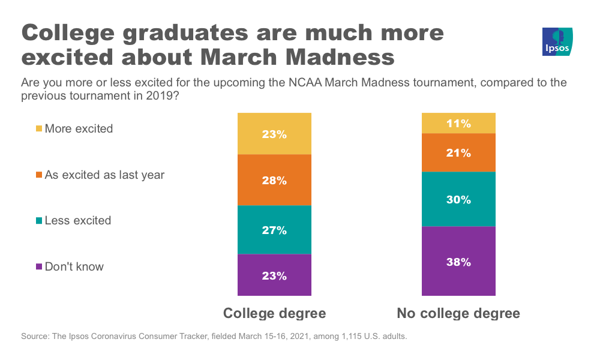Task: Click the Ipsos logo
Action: click(x=557, y=42)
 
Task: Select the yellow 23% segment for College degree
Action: click(x=274, y=134)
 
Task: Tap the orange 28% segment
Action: click(x=274, y=180)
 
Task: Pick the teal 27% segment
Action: click(x=274, y=230)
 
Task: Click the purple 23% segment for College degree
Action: click(x=274, y=275)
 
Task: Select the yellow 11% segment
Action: click(x=458, y=124)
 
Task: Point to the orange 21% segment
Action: click(x=458, y=152)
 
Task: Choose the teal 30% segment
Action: click(x=458, y=199)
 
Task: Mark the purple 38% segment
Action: click(x=458, y=261)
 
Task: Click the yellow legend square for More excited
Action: click(x=40, y=129)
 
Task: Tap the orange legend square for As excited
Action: click(x=40, y=175)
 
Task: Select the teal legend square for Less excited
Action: click(x=40, y=221)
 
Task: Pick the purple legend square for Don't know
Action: click(x=40, y=267)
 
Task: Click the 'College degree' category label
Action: click(x=274, y=313)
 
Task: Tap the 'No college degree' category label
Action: click(x=458, y=313)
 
